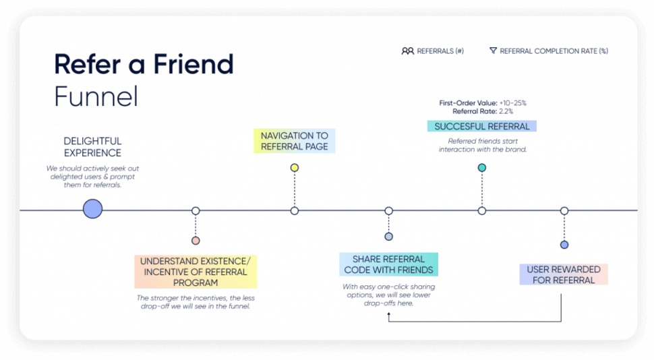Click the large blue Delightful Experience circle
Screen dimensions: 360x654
coord(92,209)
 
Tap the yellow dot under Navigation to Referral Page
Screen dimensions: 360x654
coord(294,167)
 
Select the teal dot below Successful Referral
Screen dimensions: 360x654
coord(481,167)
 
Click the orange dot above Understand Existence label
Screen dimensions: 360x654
coord(196,241)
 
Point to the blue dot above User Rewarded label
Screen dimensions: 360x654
coord(564,245)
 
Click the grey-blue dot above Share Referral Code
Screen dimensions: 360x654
coord(388,237)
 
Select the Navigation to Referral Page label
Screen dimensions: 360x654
coord(294,141)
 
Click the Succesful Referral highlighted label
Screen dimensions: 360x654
coord(481,126)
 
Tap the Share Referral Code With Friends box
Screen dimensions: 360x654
coord(388,264)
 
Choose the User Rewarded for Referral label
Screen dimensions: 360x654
coord(564,274)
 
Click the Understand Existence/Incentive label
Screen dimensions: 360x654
coord(196,272)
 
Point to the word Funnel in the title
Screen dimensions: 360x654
coord(96,97)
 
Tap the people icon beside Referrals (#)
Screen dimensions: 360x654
coord(407,51)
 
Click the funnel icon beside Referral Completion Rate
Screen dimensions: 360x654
coord(493,51)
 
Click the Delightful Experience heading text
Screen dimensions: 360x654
coord(92,147)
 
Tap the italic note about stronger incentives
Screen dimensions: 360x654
coord(196,302)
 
